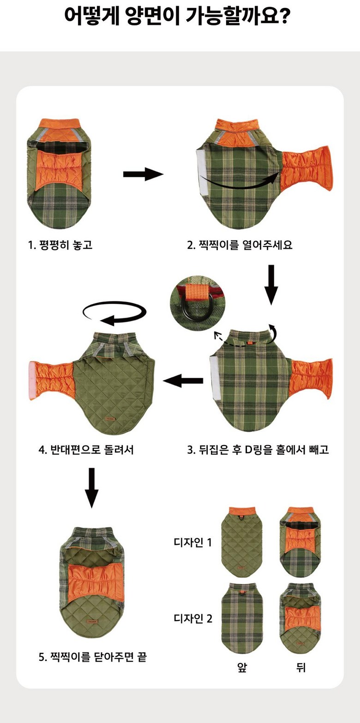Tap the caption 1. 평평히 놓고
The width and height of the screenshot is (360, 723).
point(60,245)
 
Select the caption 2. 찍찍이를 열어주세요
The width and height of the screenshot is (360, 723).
point(240,245)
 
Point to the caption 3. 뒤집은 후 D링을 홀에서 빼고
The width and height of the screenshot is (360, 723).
point(258,449)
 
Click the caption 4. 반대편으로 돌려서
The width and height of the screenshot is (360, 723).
point(86,450)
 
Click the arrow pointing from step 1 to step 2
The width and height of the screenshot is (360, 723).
point(143,175)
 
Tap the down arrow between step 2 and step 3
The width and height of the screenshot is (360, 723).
point(271,284)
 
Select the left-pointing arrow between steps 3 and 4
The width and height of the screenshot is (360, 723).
point(183,381)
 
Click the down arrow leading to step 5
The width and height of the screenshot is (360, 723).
point(92,488)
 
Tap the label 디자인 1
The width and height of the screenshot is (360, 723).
point(192,542)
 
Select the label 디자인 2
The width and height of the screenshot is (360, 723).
point(193,618)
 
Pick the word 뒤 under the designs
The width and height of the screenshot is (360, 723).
point(300,667)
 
